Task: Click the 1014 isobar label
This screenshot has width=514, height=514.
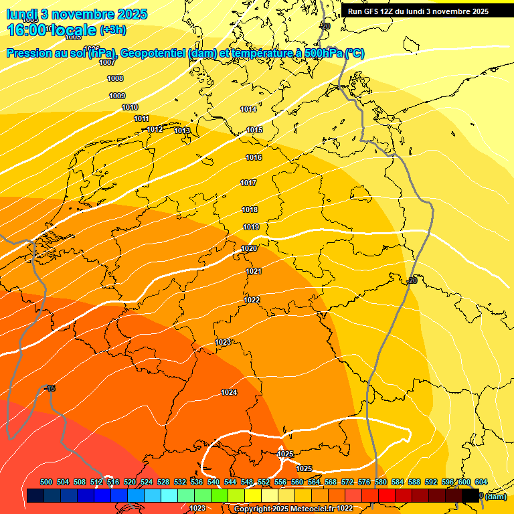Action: tap(248, 109)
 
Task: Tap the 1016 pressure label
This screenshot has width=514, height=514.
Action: tap(254, 158)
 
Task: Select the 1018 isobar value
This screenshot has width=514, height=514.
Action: tap(250, 210)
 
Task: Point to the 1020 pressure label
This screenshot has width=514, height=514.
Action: tap(249, 248)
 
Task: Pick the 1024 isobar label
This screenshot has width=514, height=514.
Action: tap(229, 392)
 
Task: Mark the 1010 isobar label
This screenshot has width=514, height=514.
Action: tap(130, 108)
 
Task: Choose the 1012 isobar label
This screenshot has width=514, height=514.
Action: tap(155, 129)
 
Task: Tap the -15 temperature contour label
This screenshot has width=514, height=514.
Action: tap(50, 389)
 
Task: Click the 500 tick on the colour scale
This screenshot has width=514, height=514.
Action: tap(46, 482)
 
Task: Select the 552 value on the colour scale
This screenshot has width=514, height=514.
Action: tap(264, 482)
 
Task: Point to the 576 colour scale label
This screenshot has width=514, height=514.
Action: tap(364, 482)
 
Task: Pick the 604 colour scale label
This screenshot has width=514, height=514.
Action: tap(481, 482)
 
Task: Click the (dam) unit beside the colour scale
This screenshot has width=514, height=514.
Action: tap(496, 497)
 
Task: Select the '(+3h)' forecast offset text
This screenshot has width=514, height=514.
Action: tap(112, 31)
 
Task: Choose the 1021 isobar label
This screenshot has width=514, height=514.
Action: tap(254, 271)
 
